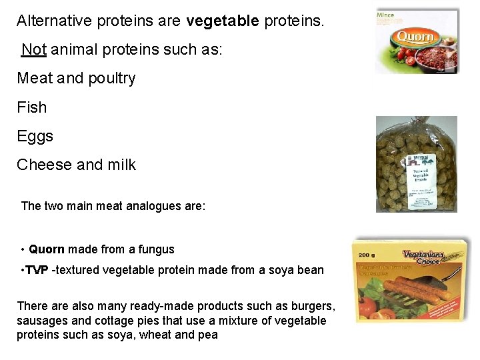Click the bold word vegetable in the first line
coord(223,21)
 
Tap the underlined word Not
coord(33,49)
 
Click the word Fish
coord(31,107)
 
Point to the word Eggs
coord(35,136)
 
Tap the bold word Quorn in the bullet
coord(47,249)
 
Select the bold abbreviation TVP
coord(37,270)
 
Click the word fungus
coord(156,249)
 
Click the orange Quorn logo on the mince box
coord(414,37)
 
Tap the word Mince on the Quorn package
coord(385,15)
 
